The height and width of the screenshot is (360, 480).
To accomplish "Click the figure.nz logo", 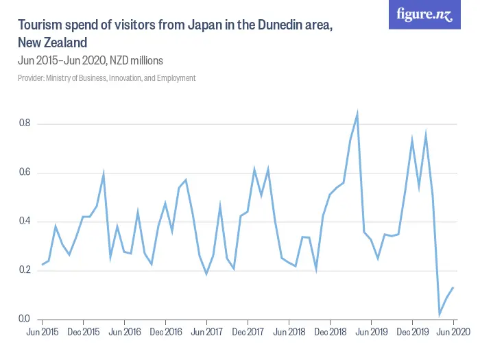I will [x=425, y=14].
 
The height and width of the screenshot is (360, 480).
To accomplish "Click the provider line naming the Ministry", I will [x=106, y=78].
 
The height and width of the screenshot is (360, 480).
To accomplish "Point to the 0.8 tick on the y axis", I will [x=23, y=124].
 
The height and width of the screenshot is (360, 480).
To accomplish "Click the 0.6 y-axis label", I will [x=23, y=173].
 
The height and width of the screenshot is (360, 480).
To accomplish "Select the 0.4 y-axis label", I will [x=23, y=221].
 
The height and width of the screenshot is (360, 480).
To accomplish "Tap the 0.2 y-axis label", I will [x=23, y=270].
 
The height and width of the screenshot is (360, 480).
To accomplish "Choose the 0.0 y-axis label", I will [x=23, y=319].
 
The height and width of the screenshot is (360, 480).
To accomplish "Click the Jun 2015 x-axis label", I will [x=42, y=333].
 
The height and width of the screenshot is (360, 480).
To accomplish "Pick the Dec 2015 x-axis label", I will [x=83, y=333].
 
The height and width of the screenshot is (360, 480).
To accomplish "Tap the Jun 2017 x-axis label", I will [x=206, y=333].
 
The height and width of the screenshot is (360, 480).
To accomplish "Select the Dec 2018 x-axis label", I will [x=330, y=333].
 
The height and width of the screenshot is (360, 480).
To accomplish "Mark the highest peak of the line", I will [x=357, y=115].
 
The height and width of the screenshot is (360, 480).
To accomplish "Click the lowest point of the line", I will [x=440, y=314].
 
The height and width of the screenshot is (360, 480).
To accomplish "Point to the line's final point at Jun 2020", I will [x=453, y=287].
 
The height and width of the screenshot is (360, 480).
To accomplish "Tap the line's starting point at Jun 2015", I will [x=42, y=264].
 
